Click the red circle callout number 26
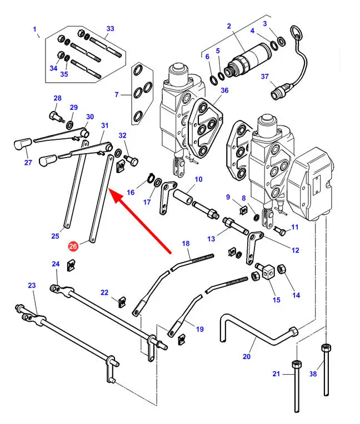(73, 246)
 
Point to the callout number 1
(34, 29)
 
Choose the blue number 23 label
(32, 285)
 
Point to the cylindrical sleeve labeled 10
(183, 197)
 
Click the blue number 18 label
(186, 243)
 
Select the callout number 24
(56, 264)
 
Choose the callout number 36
(224, 90)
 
